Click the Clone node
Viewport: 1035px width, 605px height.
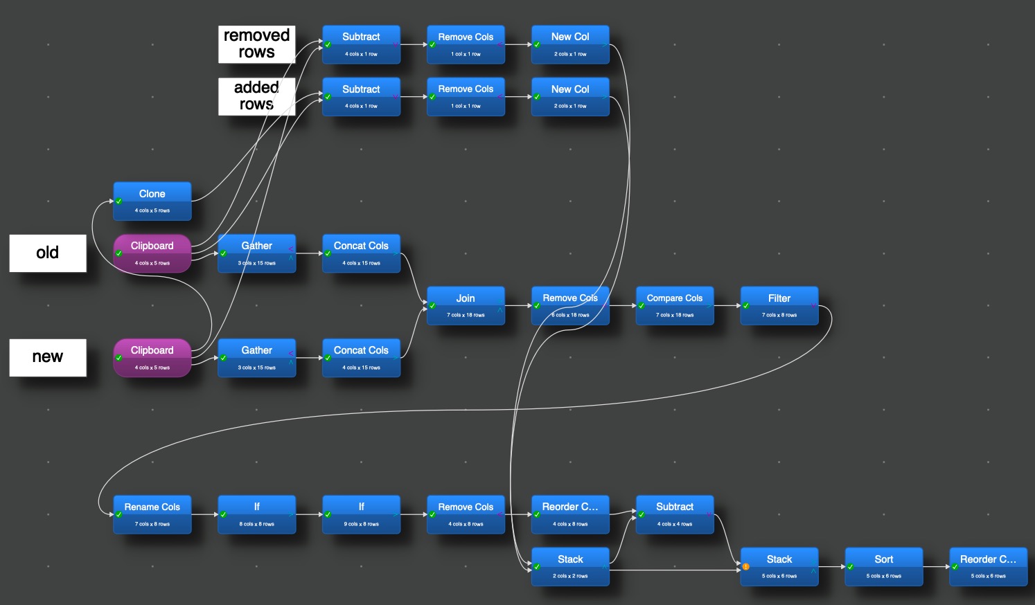pos(152,201)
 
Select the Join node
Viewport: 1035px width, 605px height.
pos(466,305)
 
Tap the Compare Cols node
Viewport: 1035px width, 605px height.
pos(675,305)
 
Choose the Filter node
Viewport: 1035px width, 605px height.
pos(779,305)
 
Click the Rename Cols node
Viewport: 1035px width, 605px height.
pos(152,514)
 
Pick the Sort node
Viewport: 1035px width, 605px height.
pos(884,566)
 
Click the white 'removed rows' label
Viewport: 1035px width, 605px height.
pos(257,44)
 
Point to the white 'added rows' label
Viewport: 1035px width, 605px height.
pos(257,96)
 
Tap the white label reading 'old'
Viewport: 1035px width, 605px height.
pos(48,253)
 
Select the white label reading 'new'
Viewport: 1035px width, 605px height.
pos(48,357)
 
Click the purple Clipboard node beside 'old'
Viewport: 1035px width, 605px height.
pos(152,253)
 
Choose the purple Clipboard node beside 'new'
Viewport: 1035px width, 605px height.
pos(152,358)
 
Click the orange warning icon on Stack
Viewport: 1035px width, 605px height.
pos(746,567)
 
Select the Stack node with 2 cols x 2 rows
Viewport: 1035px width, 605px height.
pos(570,566)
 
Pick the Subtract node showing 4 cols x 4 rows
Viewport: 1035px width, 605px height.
pos(675,514)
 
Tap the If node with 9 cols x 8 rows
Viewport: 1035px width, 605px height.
pos(361,514)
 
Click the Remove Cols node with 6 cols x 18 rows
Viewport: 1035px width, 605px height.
pos(570,305)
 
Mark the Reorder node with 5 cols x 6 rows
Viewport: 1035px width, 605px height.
pos(988,566)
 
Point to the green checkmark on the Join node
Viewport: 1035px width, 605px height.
pos(432,306)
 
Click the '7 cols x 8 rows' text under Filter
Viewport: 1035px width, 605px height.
pos(779,315)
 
